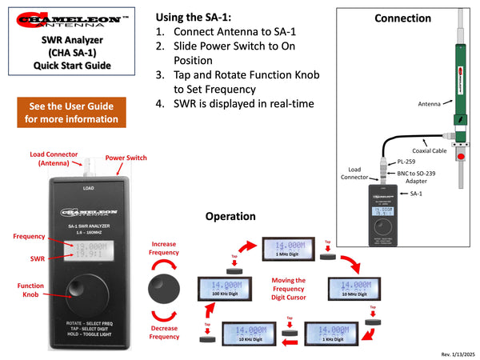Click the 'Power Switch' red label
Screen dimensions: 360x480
(126, 158)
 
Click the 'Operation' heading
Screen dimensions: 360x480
(230, 216)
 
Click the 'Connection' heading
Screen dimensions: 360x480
(402, 18)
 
